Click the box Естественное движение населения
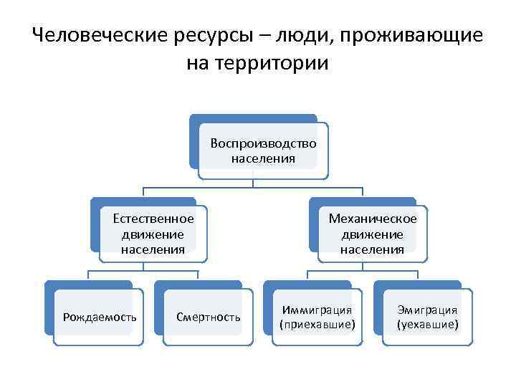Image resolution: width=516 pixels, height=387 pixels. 153,234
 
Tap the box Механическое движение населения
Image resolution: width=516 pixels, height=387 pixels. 372,234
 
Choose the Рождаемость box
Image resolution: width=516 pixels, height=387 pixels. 99,317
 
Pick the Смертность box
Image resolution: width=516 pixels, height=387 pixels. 209,317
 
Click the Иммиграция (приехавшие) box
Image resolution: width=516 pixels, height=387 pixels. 317,317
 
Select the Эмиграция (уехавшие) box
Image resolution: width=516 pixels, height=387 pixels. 427,317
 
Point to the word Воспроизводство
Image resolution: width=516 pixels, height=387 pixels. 263,143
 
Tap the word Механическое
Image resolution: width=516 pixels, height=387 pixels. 372,219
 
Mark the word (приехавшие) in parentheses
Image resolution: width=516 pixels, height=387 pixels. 317,325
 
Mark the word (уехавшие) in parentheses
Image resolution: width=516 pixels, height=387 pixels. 427,325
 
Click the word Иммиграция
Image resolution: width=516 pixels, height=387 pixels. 317,310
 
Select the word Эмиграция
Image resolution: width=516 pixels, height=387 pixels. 427,310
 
